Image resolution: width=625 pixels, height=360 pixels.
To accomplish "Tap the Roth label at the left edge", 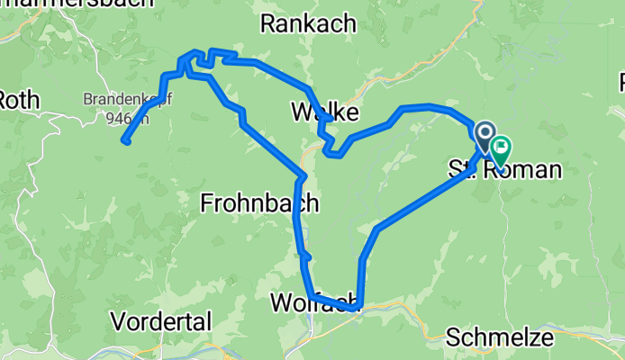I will click(x=20, y=99).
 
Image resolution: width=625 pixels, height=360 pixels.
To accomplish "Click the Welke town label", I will click(x=325, y=112).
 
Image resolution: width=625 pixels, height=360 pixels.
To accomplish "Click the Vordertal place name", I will click(x=161, y=320).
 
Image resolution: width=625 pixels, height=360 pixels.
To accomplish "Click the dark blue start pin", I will click(x=485, y=137).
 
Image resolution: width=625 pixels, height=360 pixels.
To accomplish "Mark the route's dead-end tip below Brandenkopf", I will click(x=125, y=141).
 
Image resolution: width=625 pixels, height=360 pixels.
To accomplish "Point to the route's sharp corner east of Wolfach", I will click(x=358, y=307).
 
